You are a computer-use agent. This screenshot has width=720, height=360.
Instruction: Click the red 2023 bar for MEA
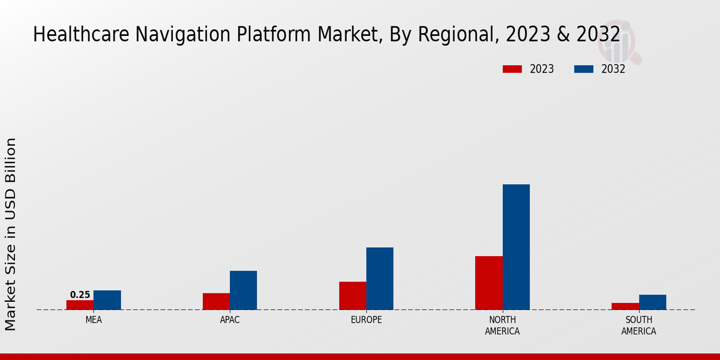coord(80,305)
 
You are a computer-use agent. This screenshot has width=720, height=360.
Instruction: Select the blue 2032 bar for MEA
coord(107,300)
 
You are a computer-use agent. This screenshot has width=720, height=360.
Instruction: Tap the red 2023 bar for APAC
coord(216,301)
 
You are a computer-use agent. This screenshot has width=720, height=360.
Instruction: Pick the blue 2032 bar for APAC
coord(243,290)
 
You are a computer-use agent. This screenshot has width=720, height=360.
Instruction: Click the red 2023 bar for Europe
coord(352,296)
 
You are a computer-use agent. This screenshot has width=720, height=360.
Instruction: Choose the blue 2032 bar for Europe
coord(380,278)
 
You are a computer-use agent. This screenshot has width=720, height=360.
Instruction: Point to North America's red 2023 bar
coord(488,283)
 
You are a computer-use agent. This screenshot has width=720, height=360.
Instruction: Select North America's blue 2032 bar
coord(516,247)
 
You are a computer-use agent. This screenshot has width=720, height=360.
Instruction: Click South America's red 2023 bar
coord(625,306)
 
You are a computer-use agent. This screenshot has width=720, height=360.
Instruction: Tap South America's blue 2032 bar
coord(652,302)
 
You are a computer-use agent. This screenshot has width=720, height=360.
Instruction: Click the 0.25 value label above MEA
coord(80,295)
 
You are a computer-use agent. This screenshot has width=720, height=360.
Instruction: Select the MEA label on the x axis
coord(94,320)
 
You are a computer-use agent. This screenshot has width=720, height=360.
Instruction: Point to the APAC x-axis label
coord(230,320)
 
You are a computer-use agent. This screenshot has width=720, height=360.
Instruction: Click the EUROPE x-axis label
coord(366,320)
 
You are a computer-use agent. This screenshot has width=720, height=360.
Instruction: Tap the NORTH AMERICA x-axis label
coord(502,325)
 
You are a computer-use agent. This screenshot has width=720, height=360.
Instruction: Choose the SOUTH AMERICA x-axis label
coord(638,325)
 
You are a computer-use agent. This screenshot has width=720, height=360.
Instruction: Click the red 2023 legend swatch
coord(512,69)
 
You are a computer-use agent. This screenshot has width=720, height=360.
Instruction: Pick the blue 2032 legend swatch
coord(583,69)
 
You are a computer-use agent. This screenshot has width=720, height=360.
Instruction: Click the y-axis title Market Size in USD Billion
coord(11,234)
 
